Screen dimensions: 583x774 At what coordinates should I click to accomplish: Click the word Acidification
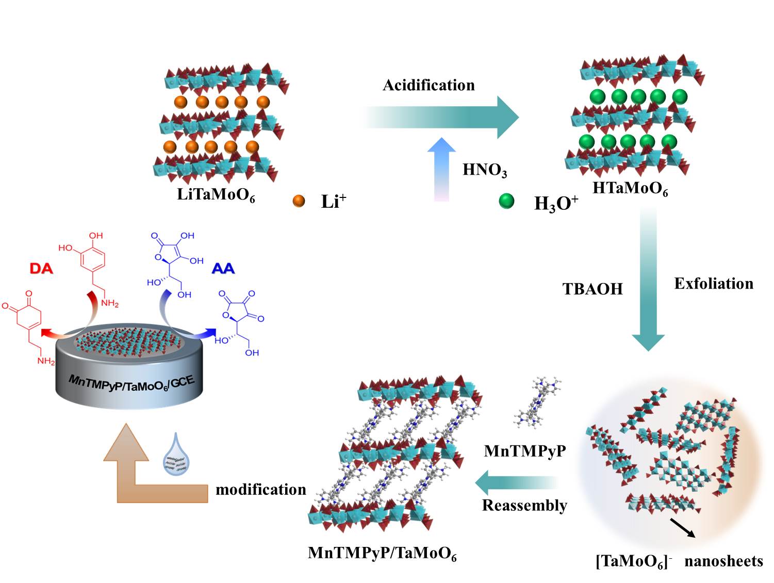click(429, 85)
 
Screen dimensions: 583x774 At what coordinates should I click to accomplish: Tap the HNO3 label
click(484, 170)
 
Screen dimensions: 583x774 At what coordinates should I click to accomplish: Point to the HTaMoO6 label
click(630, 189)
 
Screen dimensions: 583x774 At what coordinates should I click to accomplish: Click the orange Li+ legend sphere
click(299, 201)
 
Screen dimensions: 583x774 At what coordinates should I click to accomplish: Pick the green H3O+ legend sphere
click(506, 201)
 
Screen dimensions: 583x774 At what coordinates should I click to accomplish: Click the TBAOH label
click(592, 289)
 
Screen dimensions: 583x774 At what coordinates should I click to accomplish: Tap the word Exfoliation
click(714, 284)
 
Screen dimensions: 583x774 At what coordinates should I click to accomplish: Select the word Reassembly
click(524, 505)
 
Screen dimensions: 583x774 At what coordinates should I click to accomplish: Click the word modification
click(260, 489)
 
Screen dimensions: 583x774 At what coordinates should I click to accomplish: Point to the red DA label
click(41, 269)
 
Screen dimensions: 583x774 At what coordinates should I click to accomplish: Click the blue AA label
click(223, 269)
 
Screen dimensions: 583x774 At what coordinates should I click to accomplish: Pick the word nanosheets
click(723, 561)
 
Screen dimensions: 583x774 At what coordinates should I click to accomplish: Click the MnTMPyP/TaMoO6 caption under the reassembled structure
click(382, 554)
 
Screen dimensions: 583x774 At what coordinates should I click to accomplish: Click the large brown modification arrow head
click(126, 443)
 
